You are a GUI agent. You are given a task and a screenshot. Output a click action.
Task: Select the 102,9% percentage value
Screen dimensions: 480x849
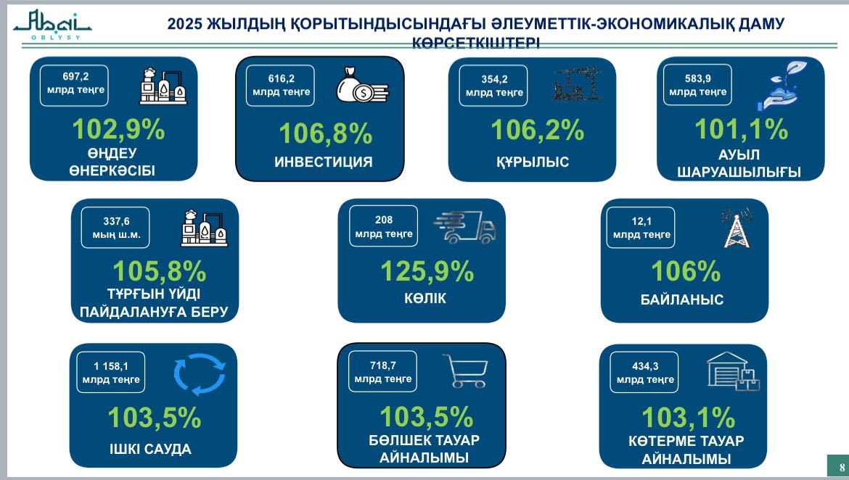(118, 129)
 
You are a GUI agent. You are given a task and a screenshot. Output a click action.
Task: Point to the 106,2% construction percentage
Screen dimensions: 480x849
(537, 130)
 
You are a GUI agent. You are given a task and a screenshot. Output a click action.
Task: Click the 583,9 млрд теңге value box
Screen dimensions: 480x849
(697, 85)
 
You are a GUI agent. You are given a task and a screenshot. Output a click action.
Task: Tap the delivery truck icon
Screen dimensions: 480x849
(464, 227)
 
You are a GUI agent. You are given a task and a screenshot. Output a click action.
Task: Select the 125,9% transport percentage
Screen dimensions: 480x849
(427, 271)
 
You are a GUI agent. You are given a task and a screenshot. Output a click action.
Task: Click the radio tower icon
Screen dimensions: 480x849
(736, 227)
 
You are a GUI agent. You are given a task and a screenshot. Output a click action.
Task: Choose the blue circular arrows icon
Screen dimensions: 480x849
(199, 373)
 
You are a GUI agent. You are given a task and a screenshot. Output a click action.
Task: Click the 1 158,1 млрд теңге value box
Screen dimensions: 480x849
(111, 372)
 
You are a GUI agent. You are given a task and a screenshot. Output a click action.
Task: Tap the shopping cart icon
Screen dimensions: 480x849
(464, 371)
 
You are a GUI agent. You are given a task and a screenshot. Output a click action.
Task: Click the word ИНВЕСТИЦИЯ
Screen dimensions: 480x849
(323, 162)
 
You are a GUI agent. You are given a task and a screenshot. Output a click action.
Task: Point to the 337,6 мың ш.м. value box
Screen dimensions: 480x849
(111, 228)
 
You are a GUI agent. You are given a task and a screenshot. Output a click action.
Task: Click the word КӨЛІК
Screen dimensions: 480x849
(424, 298)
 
